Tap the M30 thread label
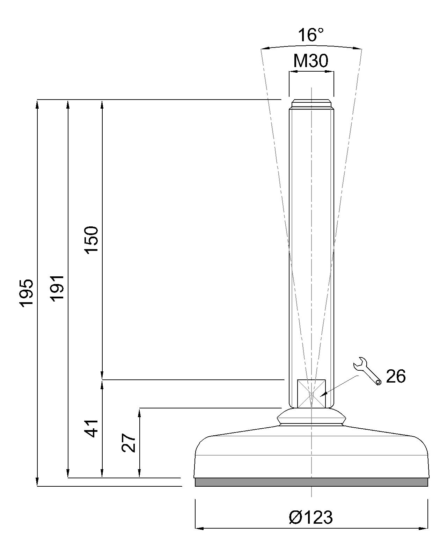[x=311, y=61]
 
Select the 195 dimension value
[x=27, y=293]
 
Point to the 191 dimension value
[x=57, y=288]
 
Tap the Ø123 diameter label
[x=311, y=510]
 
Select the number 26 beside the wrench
[x=396, y=376]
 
